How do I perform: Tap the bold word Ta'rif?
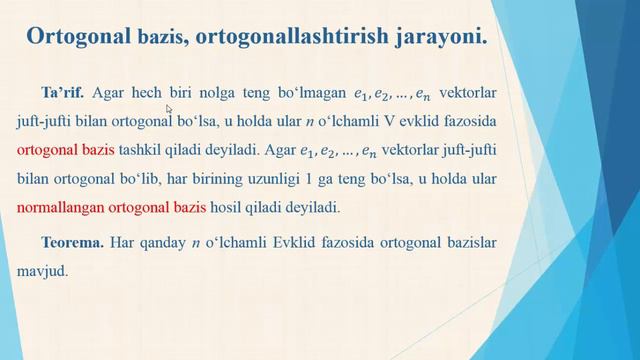(x=64, y=92)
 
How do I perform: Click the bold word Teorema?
(x=74, y=242)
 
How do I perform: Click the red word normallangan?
(x=65, y=209)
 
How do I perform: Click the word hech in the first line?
(x=143, y=92)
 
